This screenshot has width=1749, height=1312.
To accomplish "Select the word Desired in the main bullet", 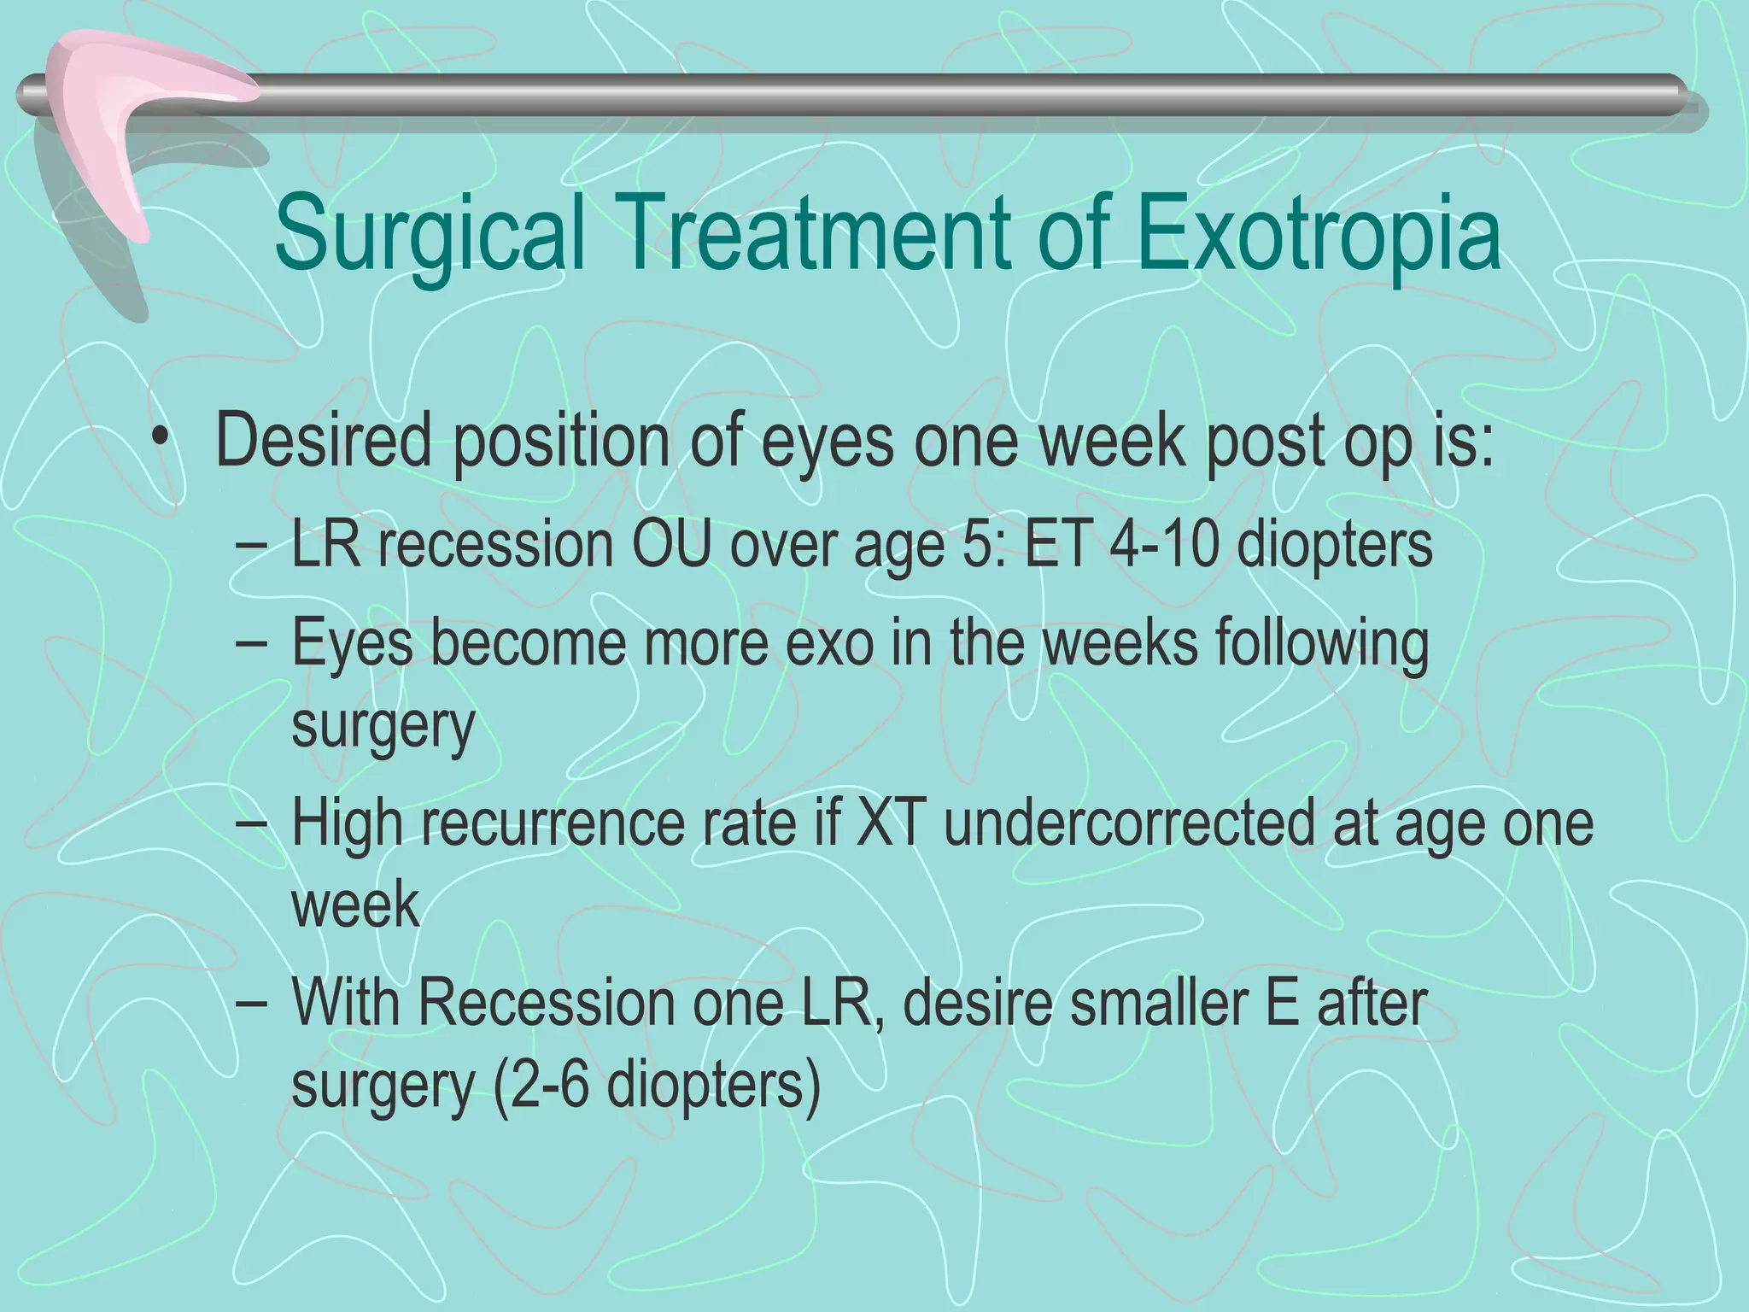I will [x=324, y=441].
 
